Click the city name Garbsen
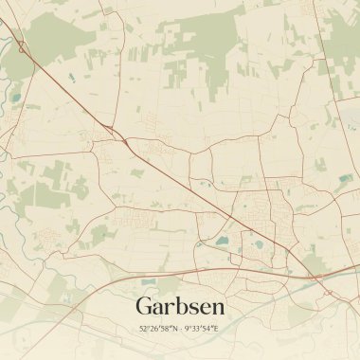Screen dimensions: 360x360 point(180,306)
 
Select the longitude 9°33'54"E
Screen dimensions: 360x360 point(202,329)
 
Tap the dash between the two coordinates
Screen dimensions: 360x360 point(181,329)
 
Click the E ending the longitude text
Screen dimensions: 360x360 point(216,329)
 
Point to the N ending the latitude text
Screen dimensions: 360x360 point(174,329)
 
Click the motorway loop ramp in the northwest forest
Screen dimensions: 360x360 point(21,45)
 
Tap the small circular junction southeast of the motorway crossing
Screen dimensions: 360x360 point(327,293)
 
